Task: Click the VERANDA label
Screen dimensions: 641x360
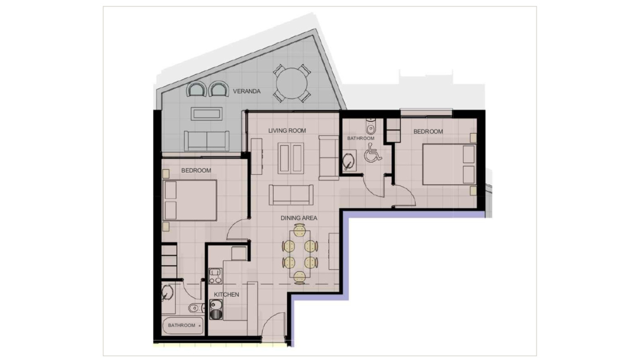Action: pos(247,91)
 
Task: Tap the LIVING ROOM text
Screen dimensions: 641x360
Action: pos(287,131)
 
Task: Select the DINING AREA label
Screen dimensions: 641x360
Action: pos(299,218)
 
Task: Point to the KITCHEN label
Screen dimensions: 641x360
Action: pos(226,295)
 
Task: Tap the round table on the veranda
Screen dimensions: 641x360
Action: pos(292,83)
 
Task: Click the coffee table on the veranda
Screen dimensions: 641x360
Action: pos(206,114)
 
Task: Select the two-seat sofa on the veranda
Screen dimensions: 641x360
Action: pos(207,141)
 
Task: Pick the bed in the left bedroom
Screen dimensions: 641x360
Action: pos(190,200)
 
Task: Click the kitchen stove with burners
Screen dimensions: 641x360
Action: pos(215,276)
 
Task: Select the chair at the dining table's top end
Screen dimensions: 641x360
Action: pos(299,230)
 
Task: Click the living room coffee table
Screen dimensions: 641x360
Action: pos(291,158)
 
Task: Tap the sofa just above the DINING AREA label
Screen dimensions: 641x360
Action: pos(291,195)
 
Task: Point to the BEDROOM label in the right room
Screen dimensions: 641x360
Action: pos(428,132)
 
